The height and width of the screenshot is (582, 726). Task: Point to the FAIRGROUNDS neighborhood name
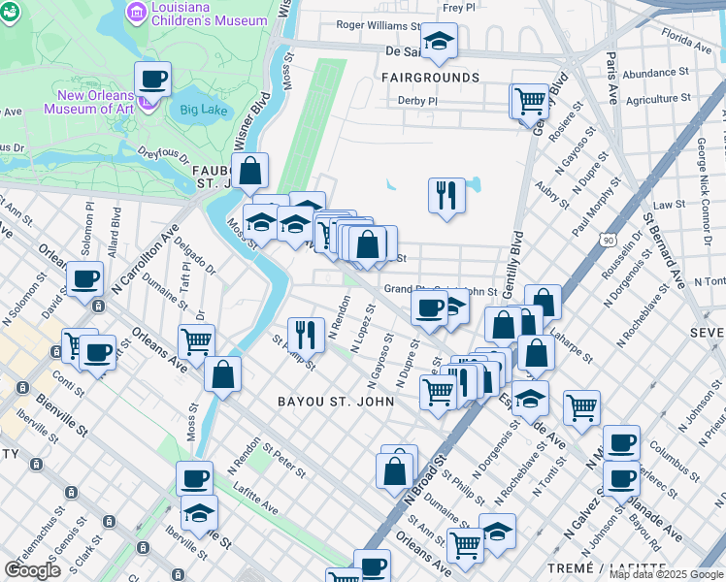coord(430,77)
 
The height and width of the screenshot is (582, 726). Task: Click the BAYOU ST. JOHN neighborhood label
coord(335,401)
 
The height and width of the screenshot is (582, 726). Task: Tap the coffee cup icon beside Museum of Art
coord(153,79)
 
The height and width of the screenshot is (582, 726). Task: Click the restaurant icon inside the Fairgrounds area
coord(445,194)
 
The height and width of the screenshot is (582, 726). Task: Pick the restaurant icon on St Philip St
coord(306,335)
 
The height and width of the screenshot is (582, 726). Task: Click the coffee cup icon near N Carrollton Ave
coord(84,279)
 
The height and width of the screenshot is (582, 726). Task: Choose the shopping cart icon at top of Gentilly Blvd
coord(529,99)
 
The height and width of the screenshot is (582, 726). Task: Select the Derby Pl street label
coord(418,100)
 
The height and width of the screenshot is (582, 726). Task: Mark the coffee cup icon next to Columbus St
coord(621,443)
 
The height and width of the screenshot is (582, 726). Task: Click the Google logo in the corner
coord(32,569)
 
